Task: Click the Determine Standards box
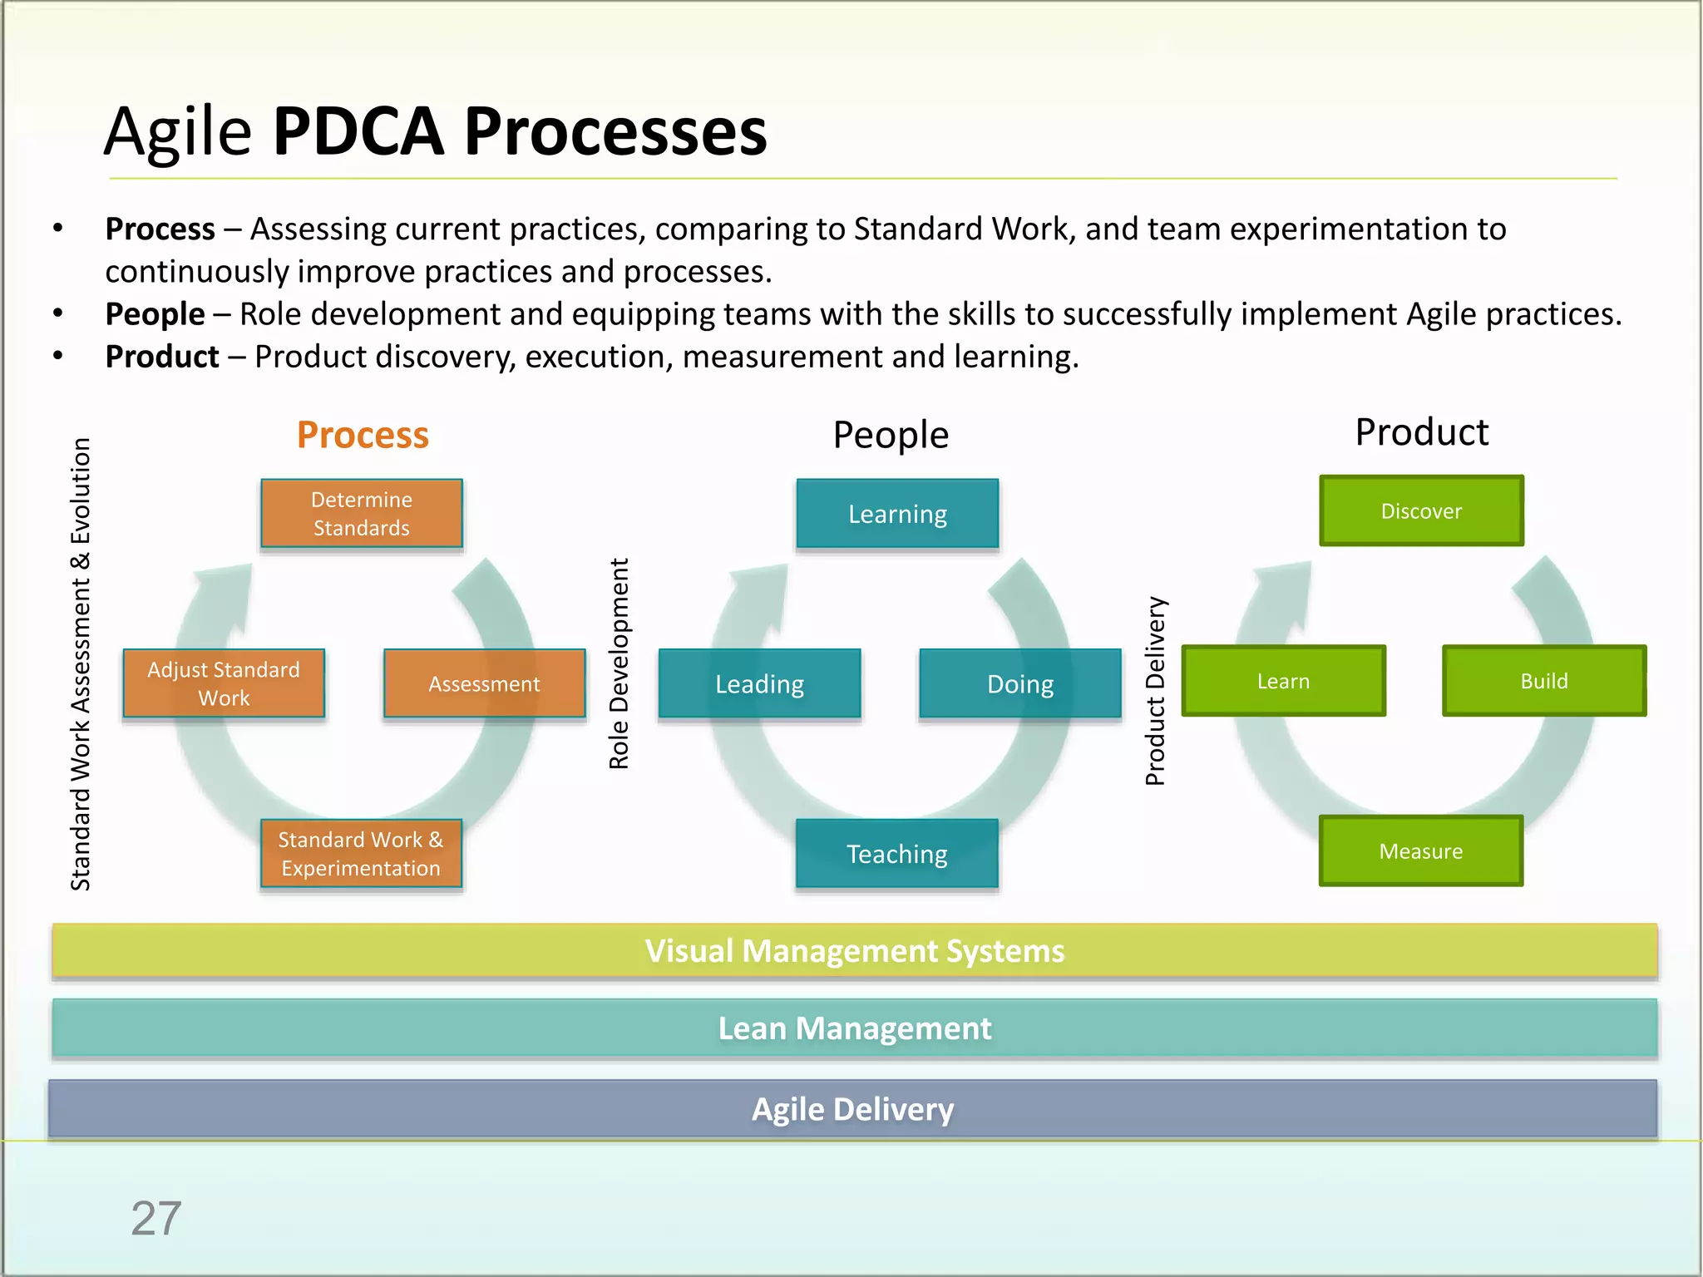point(362,513)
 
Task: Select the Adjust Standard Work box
point(224,683)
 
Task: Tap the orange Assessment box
point(484,683)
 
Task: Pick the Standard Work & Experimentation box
point(361,854)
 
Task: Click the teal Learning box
point(897,514)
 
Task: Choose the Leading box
point(759,683)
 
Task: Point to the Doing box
point(1020,683)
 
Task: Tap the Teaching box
point(896,854)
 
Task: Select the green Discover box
point(1421,510)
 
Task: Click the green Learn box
point(1283,681)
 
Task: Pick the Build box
point(1544,681)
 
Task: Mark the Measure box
point(1420,851)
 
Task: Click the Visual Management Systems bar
point(854,950)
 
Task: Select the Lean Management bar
point(854,1028)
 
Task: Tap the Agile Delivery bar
point(852,1109)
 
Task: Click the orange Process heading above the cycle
point(363,435)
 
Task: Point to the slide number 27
point(155,1219)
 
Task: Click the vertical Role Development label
point(619,663)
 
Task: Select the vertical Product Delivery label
point(1155,690)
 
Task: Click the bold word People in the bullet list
point(155,314)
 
